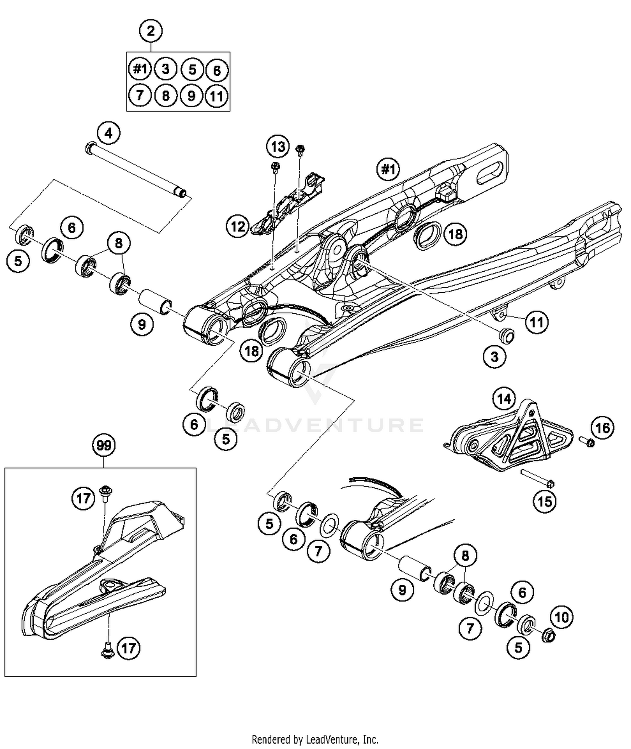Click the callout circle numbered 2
pos(151,31)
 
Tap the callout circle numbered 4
pos(109,133)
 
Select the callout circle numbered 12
pos(238,227)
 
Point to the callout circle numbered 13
pos(278,146)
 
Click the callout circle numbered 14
pos(504,398)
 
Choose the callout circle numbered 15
pos(545,501)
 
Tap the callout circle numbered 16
pos(602,428)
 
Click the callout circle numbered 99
pos(104,445)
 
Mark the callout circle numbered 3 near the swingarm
pos(494,357)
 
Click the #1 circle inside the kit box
pos(140,69)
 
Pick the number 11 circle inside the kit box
pos(216,96)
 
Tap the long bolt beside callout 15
pos(537,477)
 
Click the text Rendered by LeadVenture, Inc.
pos(315,739)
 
